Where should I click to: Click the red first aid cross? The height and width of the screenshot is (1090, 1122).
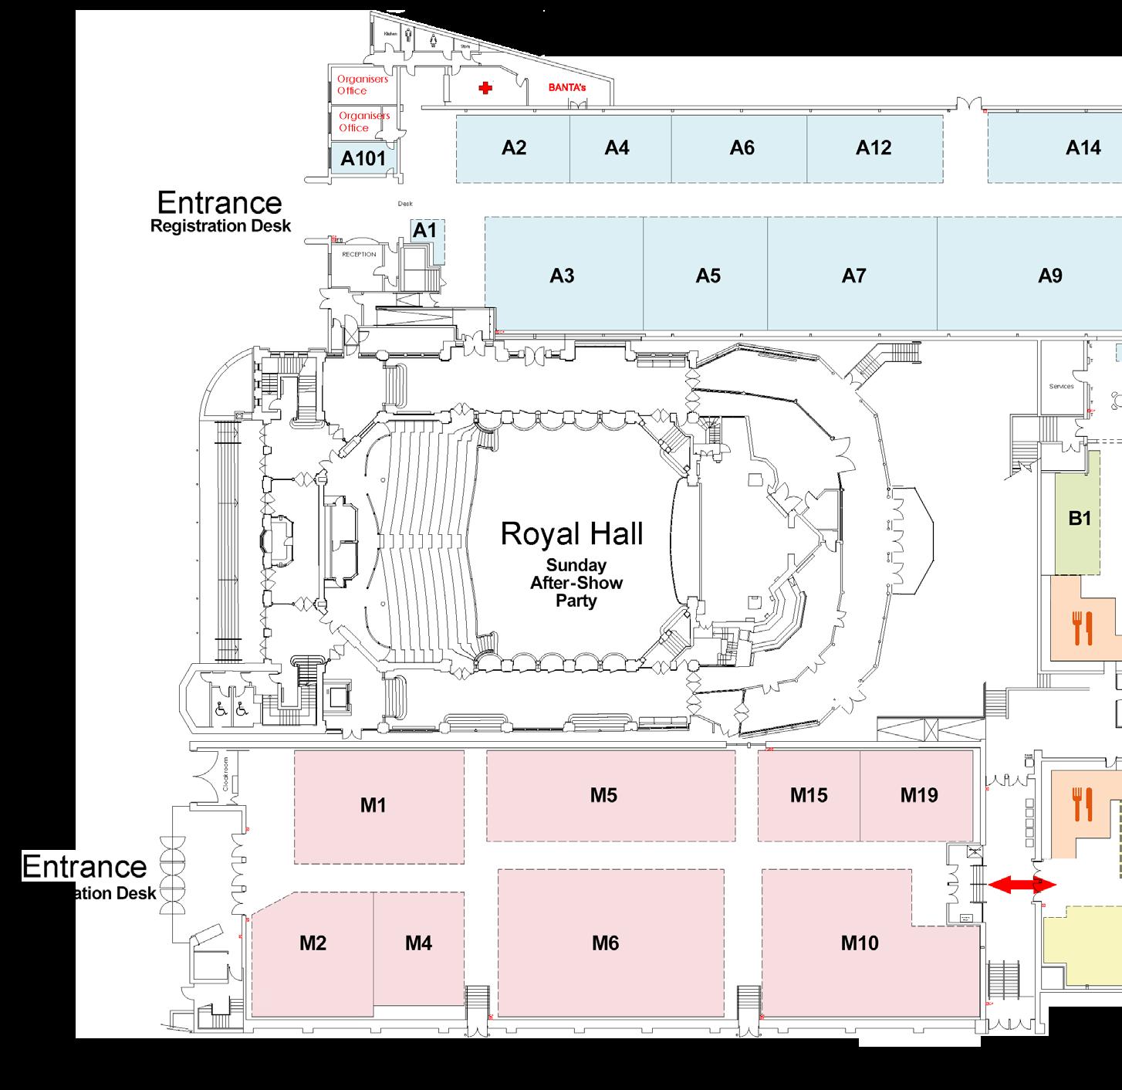pos(485,89)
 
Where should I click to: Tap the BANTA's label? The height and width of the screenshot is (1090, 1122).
pos(566,88)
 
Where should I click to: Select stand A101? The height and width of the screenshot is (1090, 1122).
pos(363,159)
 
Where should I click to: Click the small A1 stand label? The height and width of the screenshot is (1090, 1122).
pos(425,230)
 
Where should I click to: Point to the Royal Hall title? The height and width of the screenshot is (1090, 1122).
pos(571,533)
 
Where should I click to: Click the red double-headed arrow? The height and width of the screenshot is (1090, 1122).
pos(1022,885)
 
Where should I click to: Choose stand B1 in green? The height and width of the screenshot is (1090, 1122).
pos(1080,519)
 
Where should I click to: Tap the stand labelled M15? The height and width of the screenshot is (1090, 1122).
pos(809,795)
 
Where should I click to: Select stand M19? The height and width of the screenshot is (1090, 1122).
pos(919,795)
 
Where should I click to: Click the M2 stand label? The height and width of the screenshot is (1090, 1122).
pos(313,943)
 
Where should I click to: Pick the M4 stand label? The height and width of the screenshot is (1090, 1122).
pos(418,943)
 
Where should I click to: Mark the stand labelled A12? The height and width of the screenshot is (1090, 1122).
pos(874,147)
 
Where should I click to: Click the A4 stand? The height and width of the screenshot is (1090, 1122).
pos(617,147)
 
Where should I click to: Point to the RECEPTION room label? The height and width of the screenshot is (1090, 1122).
pos(359,254)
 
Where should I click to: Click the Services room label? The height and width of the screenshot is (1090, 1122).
pos(1062,386)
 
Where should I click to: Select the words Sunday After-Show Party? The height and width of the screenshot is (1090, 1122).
pos(576,583)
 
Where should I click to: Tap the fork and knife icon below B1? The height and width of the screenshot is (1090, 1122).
pos(1083,628)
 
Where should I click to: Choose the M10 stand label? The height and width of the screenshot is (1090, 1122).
pos(860,943)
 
